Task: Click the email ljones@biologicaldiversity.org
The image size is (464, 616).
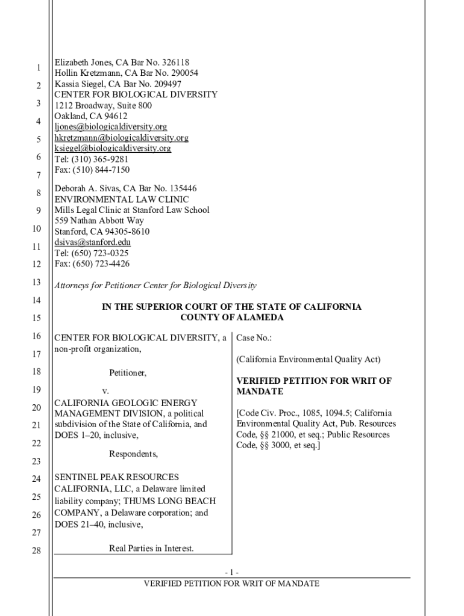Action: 111,127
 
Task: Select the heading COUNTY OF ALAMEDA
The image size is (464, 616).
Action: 232,318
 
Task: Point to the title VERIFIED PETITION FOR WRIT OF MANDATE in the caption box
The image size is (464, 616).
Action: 313,386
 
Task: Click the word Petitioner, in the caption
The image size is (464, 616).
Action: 128,373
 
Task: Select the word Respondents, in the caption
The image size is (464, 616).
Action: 133,454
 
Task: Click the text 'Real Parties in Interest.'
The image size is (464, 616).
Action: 151,548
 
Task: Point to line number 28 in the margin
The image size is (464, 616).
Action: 36,550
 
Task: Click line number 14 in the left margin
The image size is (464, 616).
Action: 36,300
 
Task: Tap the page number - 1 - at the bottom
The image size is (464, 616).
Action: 232,572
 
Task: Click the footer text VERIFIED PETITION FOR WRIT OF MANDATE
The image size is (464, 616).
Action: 232,584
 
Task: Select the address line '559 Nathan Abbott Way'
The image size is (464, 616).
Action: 99,221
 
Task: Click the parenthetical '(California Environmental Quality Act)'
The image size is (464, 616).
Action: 309,360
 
